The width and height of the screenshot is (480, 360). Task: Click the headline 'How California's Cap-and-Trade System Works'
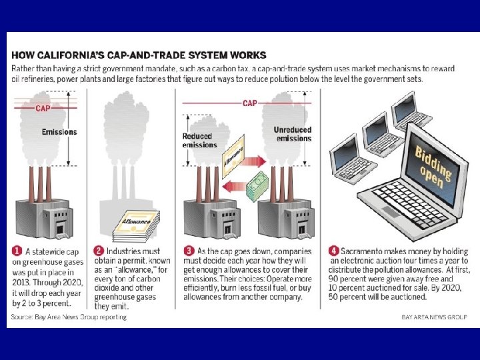pos(139,55)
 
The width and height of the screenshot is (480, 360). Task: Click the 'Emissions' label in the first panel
pos(59,132)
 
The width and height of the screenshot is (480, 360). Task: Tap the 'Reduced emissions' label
pos(199,141)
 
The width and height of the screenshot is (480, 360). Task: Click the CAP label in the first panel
pos(43,108)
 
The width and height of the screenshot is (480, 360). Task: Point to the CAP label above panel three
pos(250,103)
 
